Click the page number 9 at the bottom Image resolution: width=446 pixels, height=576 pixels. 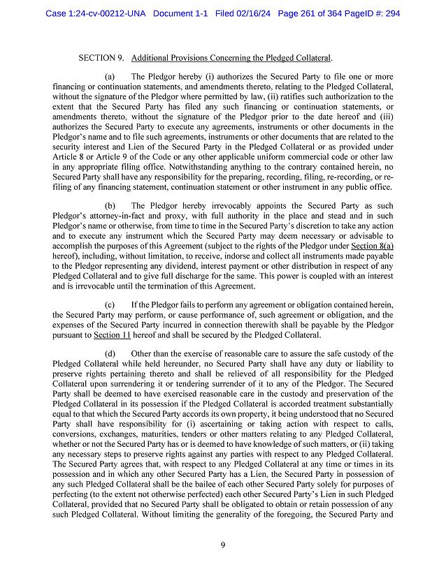click(222, 545)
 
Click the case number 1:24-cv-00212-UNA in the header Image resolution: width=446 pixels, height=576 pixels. click(105, 12)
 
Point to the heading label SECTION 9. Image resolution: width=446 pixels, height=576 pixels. click(101, 57)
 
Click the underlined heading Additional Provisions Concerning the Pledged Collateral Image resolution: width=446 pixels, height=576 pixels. click(231, 57)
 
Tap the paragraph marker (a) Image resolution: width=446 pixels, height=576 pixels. click(110, 76)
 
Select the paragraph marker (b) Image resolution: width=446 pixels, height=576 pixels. click(110, 206)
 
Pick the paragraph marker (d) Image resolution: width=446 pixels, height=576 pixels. click(110, 354)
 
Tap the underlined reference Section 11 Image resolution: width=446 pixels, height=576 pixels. click(112, 335)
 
